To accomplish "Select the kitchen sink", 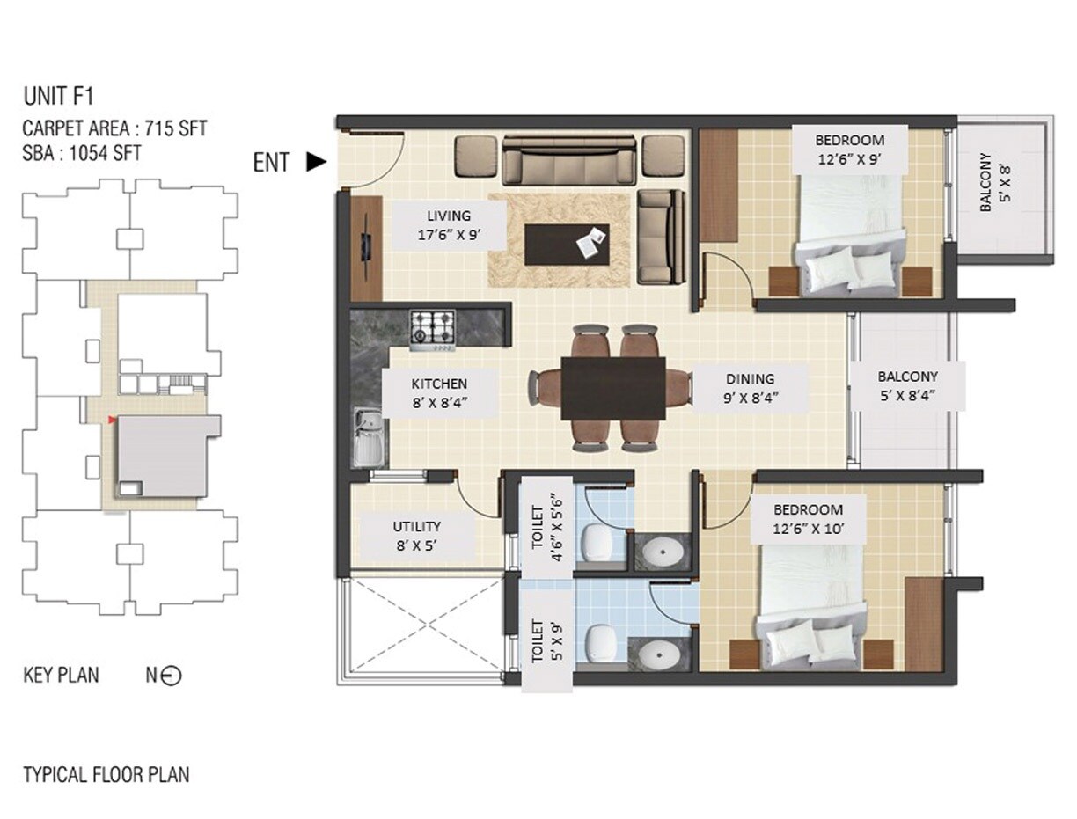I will coord(369,437).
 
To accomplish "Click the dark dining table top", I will coord(613,388).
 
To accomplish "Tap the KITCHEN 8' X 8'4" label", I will coord(439,392).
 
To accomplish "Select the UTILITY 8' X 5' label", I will coord(416,536).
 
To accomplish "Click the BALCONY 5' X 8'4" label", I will coord(906,385).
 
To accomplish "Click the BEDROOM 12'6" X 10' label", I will coord(808,519).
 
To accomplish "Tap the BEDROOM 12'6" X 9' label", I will coord(848,150).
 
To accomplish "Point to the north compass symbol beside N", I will coord(172,676).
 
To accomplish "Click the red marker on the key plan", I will coord(111,420).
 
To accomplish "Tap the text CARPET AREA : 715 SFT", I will coord(114,128).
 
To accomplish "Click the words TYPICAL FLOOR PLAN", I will coord(106,775).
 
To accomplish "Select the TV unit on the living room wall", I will coord(366,248).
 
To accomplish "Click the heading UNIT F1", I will coord(58,96).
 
